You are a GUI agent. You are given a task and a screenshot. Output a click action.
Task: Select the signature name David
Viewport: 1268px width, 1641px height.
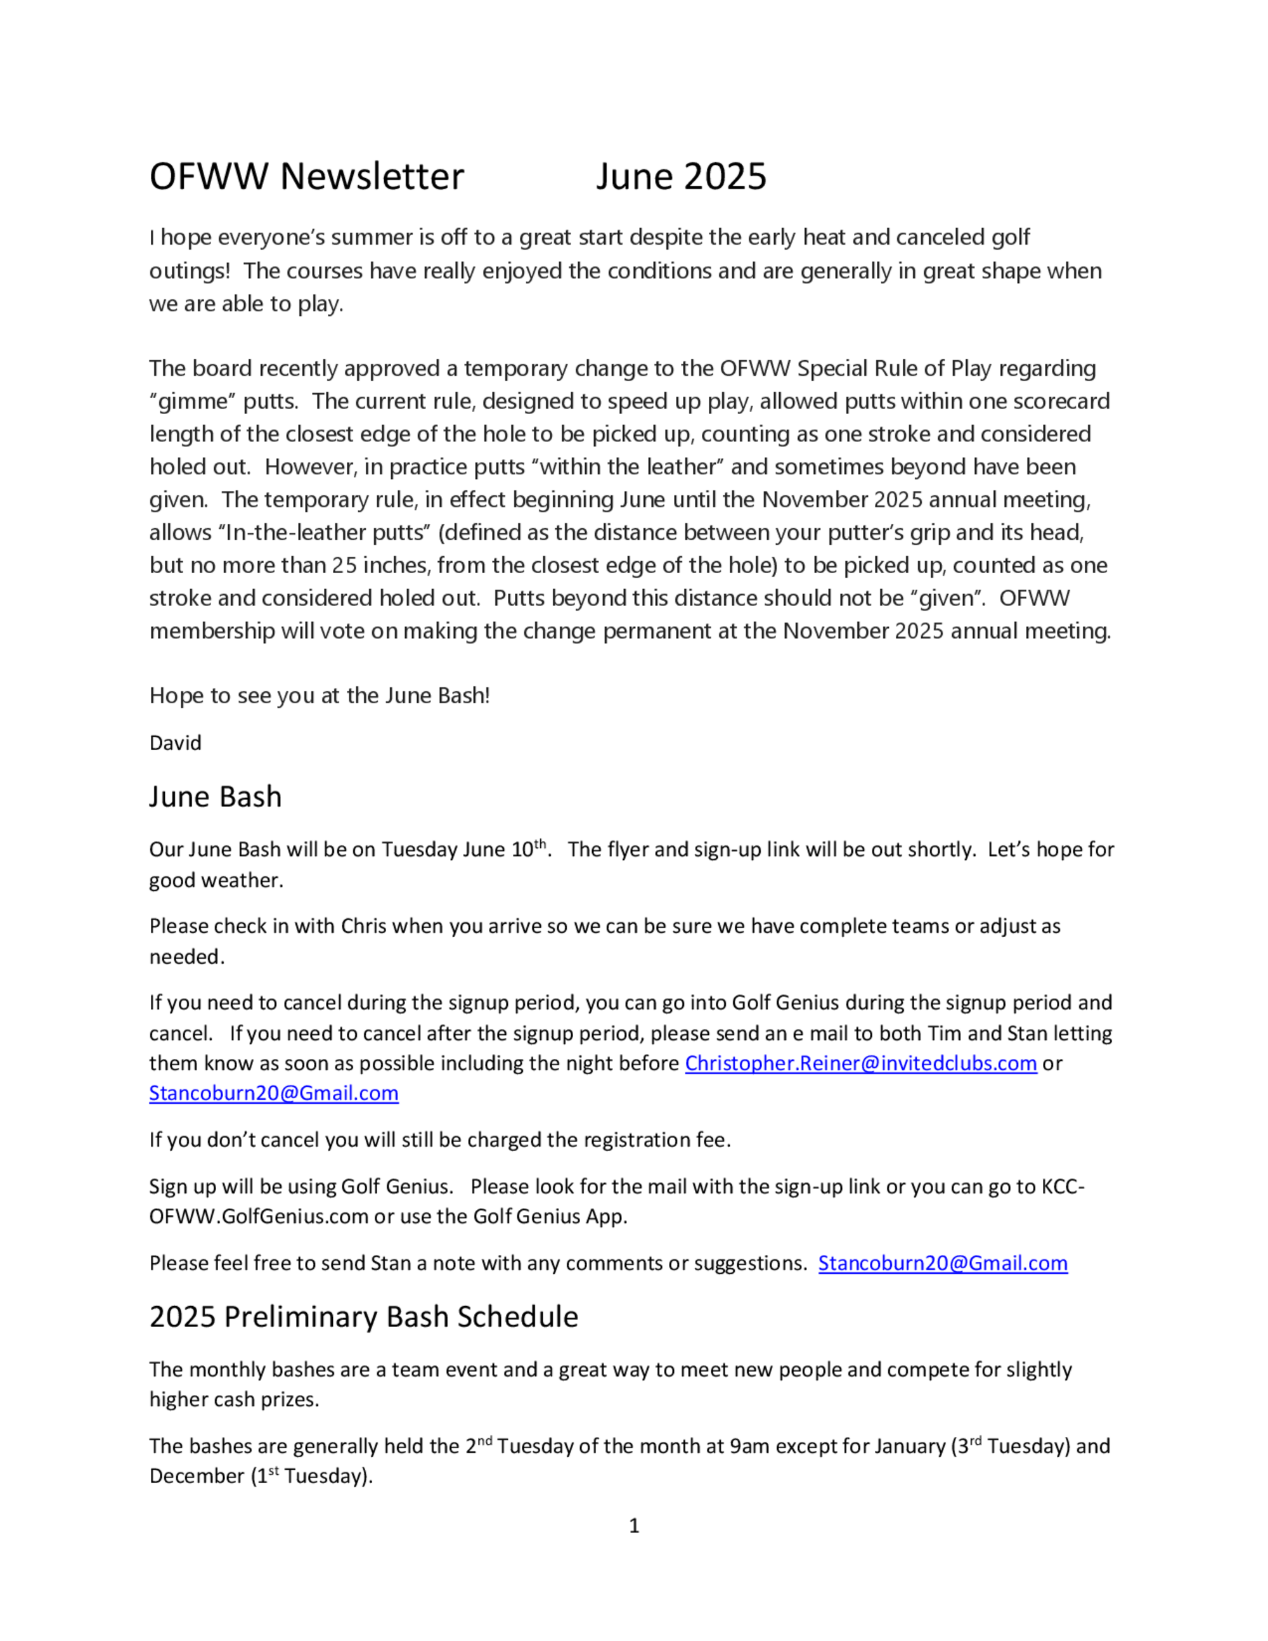point(175,743)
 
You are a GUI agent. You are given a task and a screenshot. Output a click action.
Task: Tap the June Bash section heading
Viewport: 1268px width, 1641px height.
point(215,796)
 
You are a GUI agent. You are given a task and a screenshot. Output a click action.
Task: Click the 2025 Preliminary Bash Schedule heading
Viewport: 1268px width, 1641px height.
point(363,1317)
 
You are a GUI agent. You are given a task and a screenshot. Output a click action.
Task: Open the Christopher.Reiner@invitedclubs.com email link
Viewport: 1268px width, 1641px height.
point(860,1063)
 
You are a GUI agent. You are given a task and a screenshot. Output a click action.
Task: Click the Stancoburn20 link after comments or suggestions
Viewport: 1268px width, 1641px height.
point(942,1263)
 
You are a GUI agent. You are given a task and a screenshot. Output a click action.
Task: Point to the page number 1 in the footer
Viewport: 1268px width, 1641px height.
point(634,1526)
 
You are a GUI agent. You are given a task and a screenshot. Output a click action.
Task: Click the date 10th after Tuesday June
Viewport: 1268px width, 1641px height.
point(528,849)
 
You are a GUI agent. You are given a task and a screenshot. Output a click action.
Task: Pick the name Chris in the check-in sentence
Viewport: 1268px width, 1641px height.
point(363,926)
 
